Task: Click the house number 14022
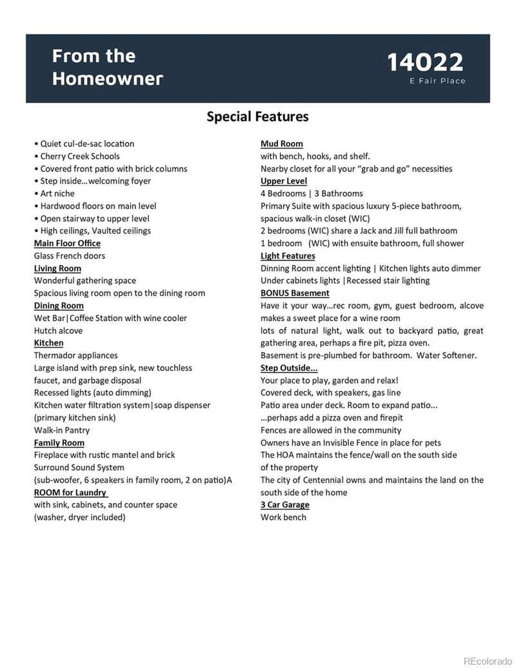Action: coord(425,63)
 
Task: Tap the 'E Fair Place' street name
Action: coord(437,81)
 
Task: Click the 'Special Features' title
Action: coord(257,117)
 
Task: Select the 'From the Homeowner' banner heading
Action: coord(107,67)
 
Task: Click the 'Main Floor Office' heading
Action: coord(67,243)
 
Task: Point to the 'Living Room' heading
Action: coord(57,268)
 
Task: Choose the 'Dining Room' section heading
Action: coord(59,306)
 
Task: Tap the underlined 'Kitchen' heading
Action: coord(48,343)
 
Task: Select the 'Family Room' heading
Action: coord(59,442)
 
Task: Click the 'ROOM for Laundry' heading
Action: coord(70,493)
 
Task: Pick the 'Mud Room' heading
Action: coord(281,144)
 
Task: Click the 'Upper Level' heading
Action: coord(284,181)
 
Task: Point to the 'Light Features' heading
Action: coord(288,256)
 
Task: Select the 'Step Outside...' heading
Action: coord(289,368)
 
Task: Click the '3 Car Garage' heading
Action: coord(284,505)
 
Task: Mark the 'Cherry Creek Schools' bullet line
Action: coord(79,156)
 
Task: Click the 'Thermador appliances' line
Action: coord(75,355)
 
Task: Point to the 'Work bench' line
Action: coord(283,517)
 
